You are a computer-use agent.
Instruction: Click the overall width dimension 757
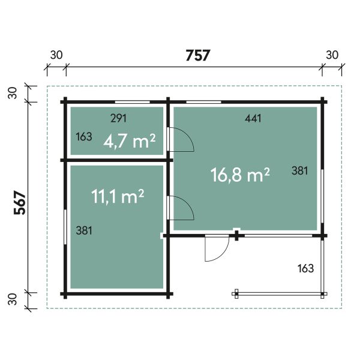(x=197, y=55)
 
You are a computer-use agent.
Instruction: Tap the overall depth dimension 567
(x=20, y=203)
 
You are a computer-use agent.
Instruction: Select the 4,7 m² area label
(x=130, y=141)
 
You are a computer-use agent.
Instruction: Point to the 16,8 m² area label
(x=240, y=175)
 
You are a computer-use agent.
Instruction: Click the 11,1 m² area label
(x=118, y=196)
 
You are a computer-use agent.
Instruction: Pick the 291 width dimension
(x=118, y=118)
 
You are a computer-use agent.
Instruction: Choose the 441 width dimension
(x=253, y=118)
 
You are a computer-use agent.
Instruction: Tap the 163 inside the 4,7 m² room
(x=84, y=137)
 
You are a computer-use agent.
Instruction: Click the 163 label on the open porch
(x=305, y=268)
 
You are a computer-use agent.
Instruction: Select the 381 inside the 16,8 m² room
(x=299, y=171)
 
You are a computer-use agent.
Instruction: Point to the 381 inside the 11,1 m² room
(x=84, y=230)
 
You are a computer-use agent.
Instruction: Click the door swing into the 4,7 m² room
(x=188, y=136)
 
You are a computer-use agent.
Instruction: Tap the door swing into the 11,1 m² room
(x=188, y=204)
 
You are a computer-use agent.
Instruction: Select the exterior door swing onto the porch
(x=223, y=255)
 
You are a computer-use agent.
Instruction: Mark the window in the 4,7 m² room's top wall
(x=133, y=102)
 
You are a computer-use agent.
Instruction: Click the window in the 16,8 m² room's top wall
(x=203, y=102)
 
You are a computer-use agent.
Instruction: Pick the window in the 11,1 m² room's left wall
(x=65, y=227)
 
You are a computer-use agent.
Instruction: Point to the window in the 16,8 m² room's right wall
(x=322, y=196)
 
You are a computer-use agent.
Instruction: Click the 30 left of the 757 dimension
(x=56, y=55)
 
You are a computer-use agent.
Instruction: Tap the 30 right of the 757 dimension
(x=332, y=55)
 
